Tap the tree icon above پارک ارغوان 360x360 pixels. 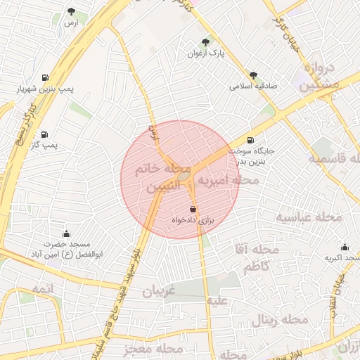click(205, 41)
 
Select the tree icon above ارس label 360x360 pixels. click(72, 11)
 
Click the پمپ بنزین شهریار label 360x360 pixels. click(46, 89)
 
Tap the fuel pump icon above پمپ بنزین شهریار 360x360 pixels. click(46, 77)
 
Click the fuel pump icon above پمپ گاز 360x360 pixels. click(45, 134)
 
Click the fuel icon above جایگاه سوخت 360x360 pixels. click(250, 139)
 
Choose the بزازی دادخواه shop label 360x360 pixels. click(192, 221)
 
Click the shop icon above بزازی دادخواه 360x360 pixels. click(193, 209)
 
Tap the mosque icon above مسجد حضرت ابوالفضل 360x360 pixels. click(66, 233)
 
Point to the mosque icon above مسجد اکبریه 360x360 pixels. click(345, 247)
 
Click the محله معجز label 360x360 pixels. click(152, 349)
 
